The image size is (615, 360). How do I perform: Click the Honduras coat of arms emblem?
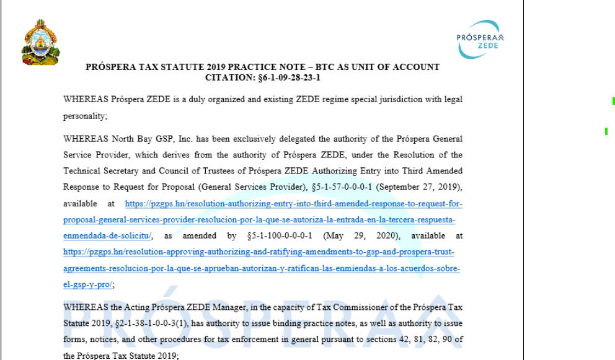pos(40,42)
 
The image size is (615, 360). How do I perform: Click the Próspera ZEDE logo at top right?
pos(480,38)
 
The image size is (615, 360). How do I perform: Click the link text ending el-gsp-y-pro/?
pos(88,284)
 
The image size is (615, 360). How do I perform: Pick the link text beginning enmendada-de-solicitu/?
pos(108,235)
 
